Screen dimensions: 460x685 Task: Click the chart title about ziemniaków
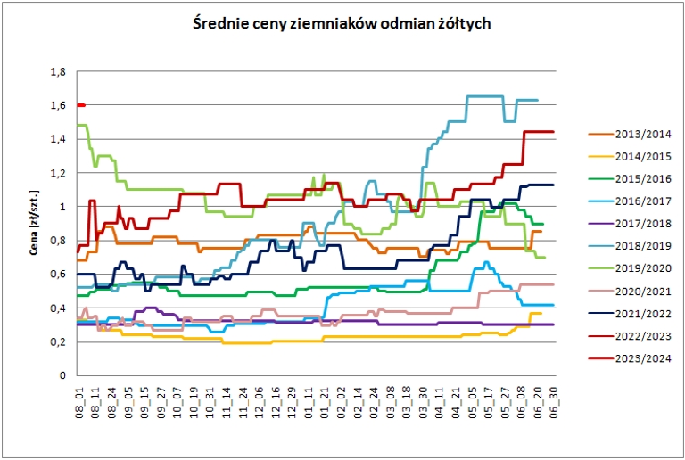[342, 24]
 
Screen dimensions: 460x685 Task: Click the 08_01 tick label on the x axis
[79, 399]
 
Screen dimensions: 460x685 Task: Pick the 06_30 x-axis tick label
[555, 399]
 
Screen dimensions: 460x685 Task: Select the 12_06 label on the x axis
[259, 399]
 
